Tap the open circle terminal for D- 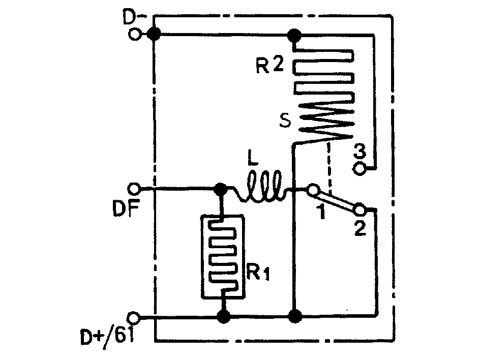135,34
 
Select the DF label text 126,208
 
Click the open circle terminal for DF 134,189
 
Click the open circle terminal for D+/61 134,318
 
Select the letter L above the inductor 253,160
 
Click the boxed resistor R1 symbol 223,256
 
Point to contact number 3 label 360,152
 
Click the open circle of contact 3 360,169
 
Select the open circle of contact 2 360,209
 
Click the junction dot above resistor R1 221,189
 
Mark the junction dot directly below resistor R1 223,317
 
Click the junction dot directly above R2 294,35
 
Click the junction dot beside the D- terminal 154,34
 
